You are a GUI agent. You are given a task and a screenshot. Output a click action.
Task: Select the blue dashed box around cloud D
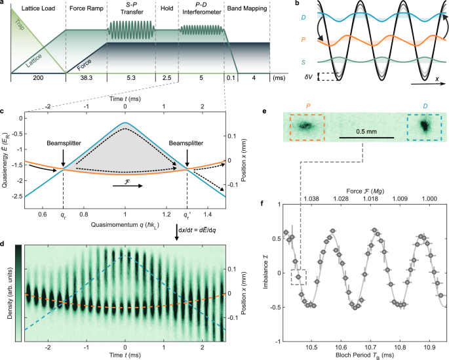tap(424, 125)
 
